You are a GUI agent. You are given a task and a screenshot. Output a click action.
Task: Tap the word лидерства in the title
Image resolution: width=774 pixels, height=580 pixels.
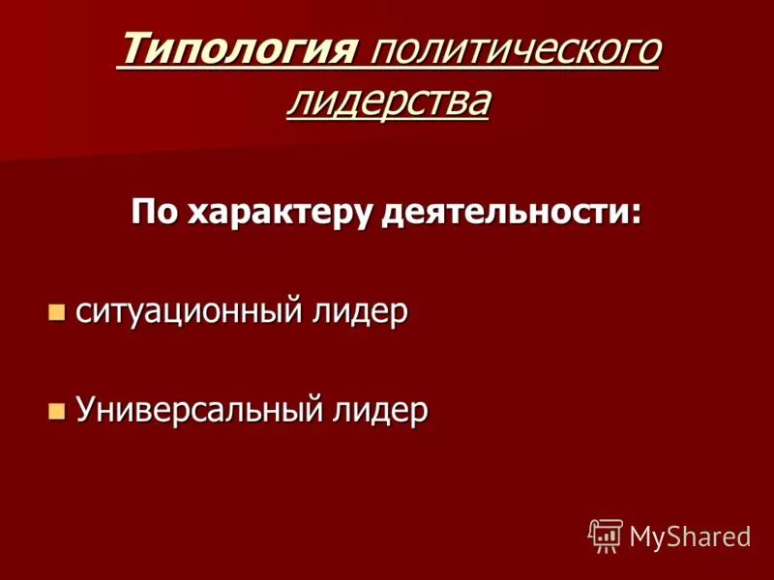387,100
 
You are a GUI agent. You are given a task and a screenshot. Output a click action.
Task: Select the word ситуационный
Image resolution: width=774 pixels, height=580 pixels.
189,312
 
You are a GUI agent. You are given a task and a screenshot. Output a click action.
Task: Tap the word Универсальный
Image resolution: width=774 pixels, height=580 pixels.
198,410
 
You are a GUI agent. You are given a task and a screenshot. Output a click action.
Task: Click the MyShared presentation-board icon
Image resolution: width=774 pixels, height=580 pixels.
607,535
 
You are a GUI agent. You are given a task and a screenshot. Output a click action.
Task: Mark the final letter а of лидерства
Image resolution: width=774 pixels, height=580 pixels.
476,101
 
